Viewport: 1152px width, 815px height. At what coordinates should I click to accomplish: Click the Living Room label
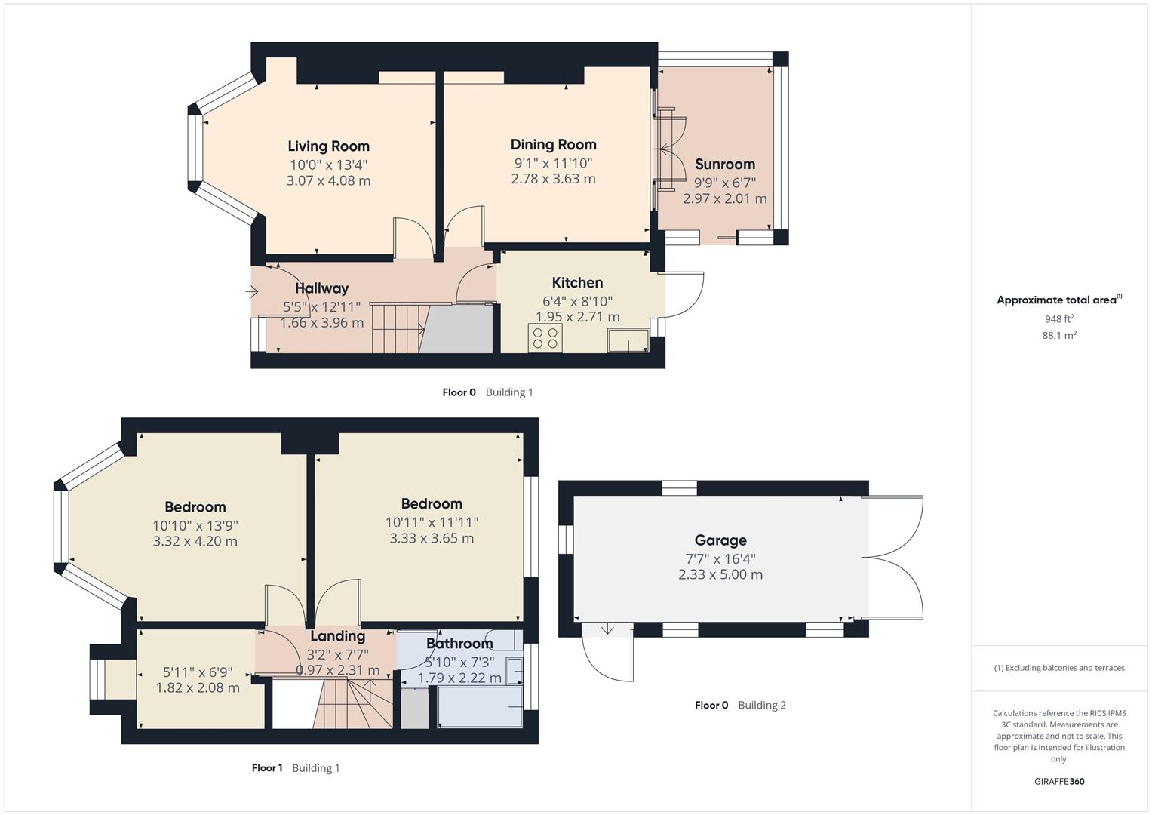(x=328, y=146)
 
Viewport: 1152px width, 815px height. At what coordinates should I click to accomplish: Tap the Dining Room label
(x=553, y=145)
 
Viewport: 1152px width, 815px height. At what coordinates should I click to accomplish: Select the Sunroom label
(x=724, y=165)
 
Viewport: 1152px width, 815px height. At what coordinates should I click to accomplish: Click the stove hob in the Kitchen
(x=545, y=338)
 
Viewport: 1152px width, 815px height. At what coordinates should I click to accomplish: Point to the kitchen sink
(x=628, y=340)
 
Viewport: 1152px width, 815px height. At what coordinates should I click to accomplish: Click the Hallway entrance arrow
(x=253, y=291)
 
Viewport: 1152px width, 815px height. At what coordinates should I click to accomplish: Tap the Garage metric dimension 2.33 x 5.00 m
(x=720, y=574)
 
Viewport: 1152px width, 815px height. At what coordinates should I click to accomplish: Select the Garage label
(x=720, y=540)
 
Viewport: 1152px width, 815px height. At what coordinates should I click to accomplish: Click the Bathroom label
(x=459, y=644)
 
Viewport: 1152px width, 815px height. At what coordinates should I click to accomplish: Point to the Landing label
(x=337, y=636)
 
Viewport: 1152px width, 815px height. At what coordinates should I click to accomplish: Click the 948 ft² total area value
(x=1058, y=319)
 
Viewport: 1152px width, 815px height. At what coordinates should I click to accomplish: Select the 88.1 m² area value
(x=1058, y=336)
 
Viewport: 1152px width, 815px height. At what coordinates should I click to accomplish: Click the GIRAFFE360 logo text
(x=1058, y=781)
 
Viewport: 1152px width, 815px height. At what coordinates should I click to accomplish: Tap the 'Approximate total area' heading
(x=1058, y=300)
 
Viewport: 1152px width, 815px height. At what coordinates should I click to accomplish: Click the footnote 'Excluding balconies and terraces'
(x=1058, y=668)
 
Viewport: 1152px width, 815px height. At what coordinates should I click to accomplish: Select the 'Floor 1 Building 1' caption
(x=296, y=768)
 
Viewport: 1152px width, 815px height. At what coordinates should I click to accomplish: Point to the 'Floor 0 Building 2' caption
(x=739, y=706)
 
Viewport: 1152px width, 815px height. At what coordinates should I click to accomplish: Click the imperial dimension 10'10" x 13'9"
(x=195, y=525)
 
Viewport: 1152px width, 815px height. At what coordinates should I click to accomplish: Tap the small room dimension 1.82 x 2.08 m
(x=198, y=688)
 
